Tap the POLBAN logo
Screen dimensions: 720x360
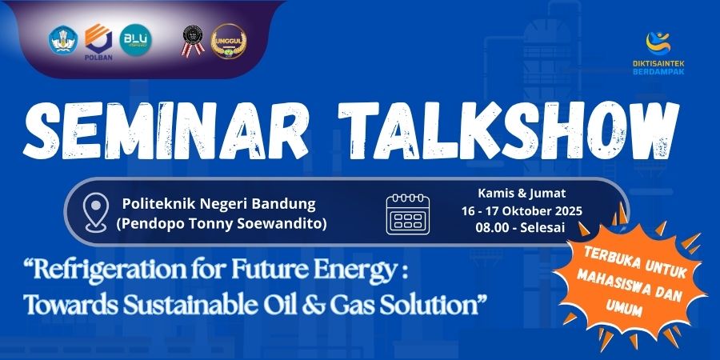tap(98, 42)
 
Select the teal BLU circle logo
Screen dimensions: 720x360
tap(135, 40)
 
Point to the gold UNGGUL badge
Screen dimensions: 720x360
tap(229, 41)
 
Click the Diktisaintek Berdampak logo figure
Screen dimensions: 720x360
tap(658, 42)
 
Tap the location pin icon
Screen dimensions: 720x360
tap(96, 212)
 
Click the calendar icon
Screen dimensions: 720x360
tap(408, 214)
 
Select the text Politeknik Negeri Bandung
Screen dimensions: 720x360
tap(219, 204)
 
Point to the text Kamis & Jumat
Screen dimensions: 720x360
tap(522, 194)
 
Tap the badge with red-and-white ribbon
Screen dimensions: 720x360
tap(193, 41)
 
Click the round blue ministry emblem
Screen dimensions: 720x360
tap(63, 40)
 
